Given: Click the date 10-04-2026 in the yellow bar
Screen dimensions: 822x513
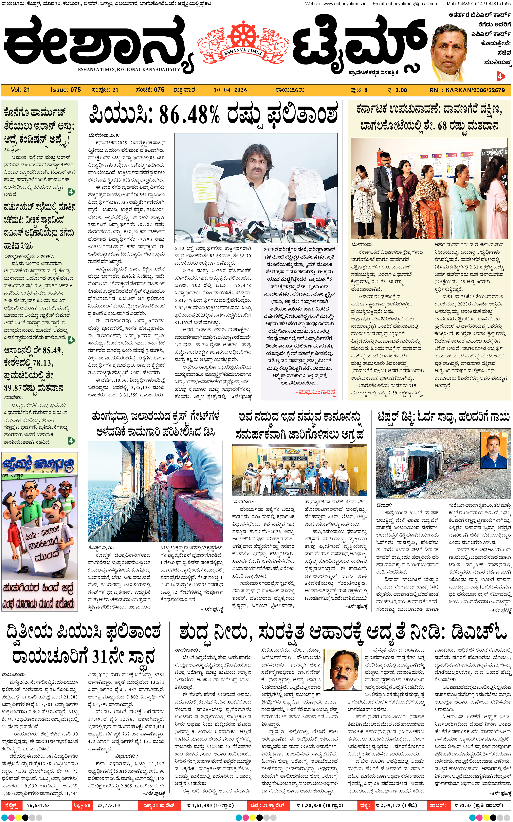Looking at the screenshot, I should point(230,90).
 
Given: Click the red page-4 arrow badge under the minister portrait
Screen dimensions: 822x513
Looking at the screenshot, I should point(500,76).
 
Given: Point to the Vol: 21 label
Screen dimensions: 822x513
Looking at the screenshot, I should point(20,90).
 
